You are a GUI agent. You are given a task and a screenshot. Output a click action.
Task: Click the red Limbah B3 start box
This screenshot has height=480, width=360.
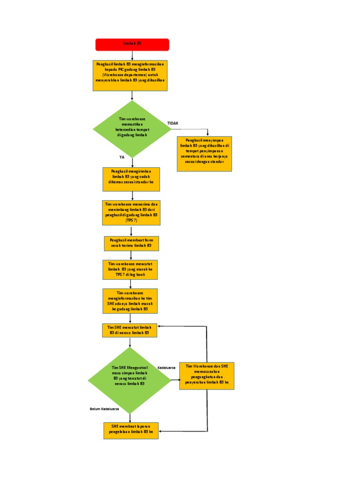tap(132, 45)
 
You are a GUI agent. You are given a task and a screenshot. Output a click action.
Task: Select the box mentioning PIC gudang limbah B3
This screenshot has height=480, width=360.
tap(131, 75)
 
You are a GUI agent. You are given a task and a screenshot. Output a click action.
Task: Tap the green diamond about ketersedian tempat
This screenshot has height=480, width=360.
tap(132, 128)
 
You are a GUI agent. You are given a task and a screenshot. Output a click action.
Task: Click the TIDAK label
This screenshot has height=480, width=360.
tap(172, 123)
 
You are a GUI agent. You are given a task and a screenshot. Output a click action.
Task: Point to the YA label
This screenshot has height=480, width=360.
tap(122, 157)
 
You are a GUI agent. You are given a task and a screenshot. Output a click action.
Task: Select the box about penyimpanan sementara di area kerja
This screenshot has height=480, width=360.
tap(204, 154)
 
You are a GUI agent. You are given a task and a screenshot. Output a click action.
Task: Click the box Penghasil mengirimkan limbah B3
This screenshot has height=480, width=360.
tap(131, 179)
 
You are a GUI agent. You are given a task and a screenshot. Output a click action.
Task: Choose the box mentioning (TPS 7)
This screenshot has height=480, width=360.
tap(131, 212)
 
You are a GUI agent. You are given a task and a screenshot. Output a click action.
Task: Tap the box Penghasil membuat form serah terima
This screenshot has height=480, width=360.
tap(131, 243)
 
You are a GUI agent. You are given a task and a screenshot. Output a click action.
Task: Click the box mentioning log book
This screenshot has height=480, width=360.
tap(131, 270)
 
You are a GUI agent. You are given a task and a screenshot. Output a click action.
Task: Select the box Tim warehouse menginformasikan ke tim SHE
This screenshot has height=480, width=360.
tap(130, 301)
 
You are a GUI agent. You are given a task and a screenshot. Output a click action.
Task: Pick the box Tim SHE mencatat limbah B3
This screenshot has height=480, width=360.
tap(130, 330)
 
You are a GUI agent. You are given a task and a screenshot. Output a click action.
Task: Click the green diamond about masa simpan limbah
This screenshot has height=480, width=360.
tap(130, 380)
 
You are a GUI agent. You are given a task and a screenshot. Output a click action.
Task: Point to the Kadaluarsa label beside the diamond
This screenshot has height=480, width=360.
tap(166, 367)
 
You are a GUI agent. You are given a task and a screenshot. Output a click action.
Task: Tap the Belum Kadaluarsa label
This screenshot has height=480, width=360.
tap(104, 409)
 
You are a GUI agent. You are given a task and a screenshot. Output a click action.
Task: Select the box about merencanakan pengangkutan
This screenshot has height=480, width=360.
tap(207, 376)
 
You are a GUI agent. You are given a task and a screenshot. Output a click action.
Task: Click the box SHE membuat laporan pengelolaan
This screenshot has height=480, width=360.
tap(131, 430)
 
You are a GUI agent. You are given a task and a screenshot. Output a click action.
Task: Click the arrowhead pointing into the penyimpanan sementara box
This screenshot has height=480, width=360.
tap(208, 134)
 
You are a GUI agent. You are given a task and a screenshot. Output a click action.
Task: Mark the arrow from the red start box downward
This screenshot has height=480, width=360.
tap(132, 55)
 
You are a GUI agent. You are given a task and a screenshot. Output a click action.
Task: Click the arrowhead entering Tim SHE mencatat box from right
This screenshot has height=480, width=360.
tap(159, 326)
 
